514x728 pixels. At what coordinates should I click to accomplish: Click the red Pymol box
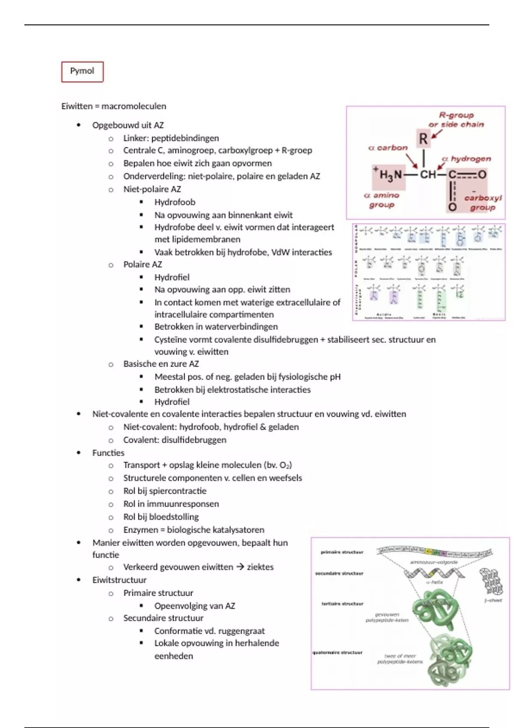tap(82, 72)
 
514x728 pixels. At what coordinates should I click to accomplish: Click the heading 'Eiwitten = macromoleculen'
tap(114, 106)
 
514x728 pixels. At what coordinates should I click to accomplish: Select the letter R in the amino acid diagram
tap(423, 139)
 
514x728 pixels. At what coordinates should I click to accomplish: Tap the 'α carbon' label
tap(388, 148)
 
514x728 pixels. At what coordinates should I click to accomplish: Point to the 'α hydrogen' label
tap(466, 159)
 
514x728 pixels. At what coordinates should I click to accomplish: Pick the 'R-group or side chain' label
tap(456, 120)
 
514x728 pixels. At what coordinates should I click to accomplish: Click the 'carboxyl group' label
tap(483, 203)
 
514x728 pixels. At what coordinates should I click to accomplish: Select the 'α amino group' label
tap(381, 200)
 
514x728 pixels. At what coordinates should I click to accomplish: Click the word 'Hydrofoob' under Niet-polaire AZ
tap(175, 202)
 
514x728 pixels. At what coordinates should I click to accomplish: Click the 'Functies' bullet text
tap(108, 453)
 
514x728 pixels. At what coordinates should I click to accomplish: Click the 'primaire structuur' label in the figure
tap(342, 552)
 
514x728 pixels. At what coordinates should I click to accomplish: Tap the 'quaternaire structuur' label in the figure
tap(338, 653)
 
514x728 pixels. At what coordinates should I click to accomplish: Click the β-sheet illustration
tap(490, 582)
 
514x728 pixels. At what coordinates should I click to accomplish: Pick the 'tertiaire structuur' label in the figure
tap(342, 604)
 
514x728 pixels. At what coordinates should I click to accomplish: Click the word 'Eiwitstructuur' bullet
tap(120, 580)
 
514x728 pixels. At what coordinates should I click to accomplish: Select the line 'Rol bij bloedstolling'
tap(161, 517)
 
